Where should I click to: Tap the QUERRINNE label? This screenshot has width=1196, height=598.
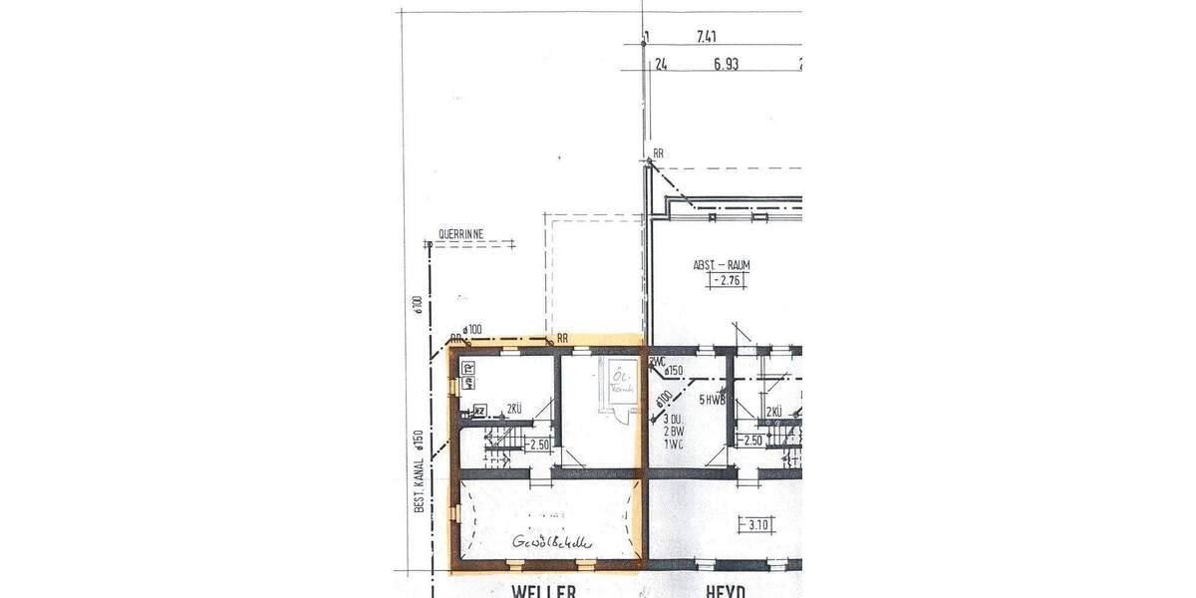coord(460,235)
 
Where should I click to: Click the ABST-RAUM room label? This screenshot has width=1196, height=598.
coord(722,265)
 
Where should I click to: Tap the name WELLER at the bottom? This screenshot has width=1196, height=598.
coord(543,591)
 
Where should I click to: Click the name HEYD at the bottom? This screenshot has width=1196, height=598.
coord(728,591)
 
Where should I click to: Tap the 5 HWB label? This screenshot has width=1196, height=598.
coord(712,400)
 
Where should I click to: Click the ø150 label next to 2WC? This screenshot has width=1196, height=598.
coord(675,372)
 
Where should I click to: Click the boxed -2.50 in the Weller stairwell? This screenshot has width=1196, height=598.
coord(539,445)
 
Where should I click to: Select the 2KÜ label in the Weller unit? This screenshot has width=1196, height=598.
coord(514,409)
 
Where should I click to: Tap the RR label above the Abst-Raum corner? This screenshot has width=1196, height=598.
coord(657,154)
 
